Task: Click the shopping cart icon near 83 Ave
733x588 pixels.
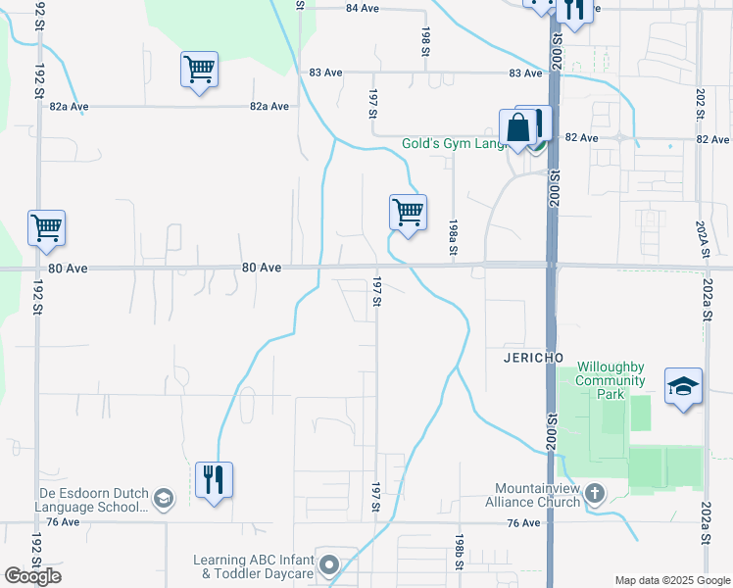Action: pyautogui.click(x=199, y=71)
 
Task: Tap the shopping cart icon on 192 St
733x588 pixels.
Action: pyautogui.click(x=46, y=228)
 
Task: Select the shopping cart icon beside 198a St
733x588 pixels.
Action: pyautogui.click(x=407, y=212)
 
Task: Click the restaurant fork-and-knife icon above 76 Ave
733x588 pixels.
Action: pyautogui.click(x=214, y=480)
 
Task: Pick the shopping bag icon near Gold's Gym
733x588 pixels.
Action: pyautogui.click(x=517, y=128)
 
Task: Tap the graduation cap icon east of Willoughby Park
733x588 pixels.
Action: pyautogui.click(x=683, y=386)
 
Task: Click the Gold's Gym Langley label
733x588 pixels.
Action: pyautogui.click(x=453, y=144)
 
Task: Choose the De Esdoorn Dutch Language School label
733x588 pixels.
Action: pyautogui.click(x=73, y=500)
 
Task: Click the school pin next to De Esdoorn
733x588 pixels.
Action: pyautogui.click(x=164, y=500)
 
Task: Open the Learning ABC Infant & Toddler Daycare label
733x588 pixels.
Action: pyautogui.click(x=253, y=566)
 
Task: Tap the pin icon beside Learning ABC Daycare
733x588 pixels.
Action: pyautogui.click(x=329, y=564)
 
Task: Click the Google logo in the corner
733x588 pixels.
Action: pyautogui.click(x=32, y=576)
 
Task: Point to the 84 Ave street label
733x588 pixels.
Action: pyautogui.click(x=362, y=8)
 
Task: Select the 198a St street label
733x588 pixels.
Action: pyautogui.click(x=454, y=238)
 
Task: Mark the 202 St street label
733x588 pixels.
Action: pyautogui.click(x=701, y=103)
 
